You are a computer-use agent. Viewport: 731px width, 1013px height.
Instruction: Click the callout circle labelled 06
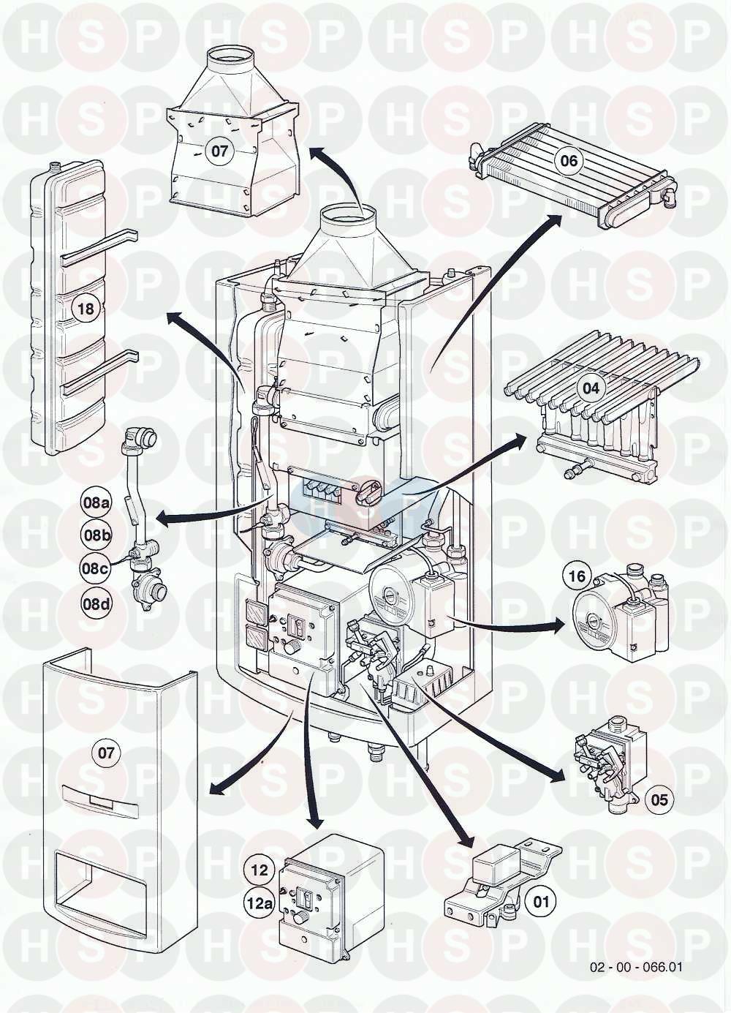coord(569,161)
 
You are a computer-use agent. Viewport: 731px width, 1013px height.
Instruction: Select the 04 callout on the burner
coord(591,388)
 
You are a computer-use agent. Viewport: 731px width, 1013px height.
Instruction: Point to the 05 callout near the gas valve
coord(659,799)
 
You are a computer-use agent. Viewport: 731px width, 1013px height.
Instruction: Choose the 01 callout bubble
coord(541,901)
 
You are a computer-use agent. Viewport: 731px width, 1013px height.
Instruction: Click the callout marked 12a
coord(260,903)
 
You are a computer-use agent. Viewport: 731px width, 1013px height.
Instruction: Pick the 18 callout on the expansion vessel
coord(86,309)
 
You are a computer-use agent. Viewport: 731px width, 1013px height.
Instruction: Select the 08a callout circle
coord(96,502)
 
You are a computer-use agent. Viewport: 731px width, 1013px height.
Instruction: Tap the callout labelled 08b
coord(96,535)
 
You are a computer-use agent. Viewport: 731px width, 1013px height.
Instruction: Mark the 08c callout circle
coord(96,567)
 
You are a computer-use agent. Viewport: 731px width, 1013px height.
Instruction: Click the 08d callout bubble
coord(96,604)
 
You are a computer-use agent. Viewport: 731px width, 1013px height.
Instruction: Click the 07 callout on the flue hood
coord(220,152)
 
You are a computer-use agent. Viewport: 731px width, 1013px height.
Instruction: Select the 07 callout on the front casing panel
coord(107,753)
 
